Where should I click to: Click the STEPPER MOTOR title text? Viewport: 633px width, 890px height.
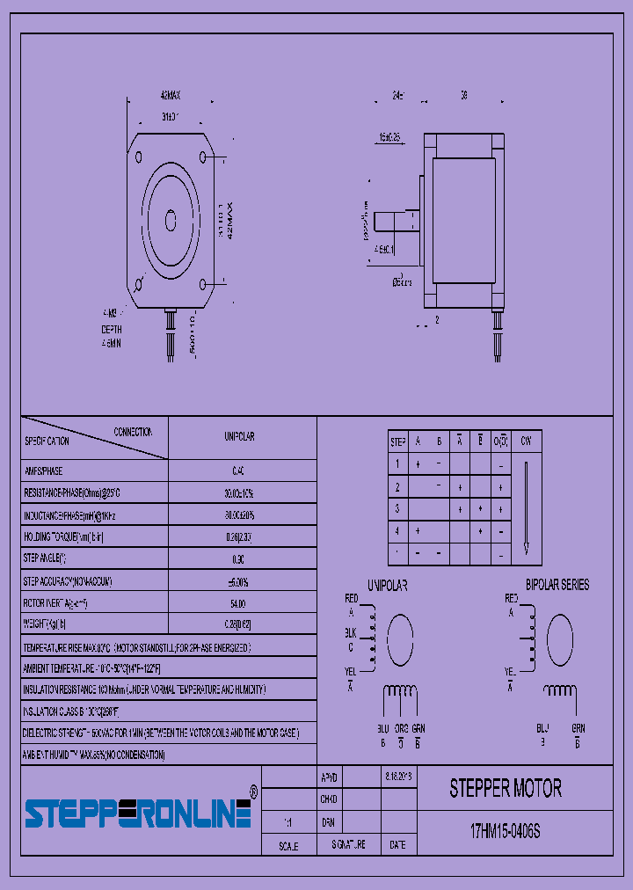click(x=506, y=788)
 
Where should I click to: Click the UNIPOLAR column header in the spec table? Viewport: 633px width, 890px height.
click(x=239, y=437)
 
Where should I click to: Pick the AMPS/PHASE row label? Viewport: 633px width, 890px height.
click(x=44, y=471)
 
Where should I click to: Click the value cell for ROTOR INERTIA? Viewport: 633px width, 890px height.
click(x=238, y=603)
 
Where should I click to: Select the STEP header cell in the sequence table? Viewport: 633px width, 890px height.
click(x=397, y=441)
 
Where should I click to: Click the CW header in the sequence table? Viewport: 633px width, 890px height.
click(x=526, y=441)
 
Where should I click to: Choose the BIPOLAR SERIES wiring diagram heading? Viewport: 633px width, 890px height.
click(x=557, y=585)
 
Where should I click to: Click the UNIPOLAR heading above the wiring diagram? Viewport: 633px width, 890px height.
click(x=388, y=585)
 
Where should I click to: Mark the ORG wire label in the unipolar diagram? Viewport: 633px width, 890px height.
click(x=400, y=728)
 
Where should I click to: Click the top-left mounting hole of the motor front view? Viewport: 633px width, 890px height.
click(x=140, y=157)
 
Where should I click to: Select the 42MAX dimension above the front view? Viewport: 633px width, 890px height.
click(x=171, y=94)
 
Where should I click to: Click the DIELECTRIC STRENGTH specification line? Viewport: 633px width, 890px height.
click(x=161, y=733)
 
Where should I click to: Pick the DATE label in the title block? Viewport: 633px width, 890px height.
click(x=397, y=845)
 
